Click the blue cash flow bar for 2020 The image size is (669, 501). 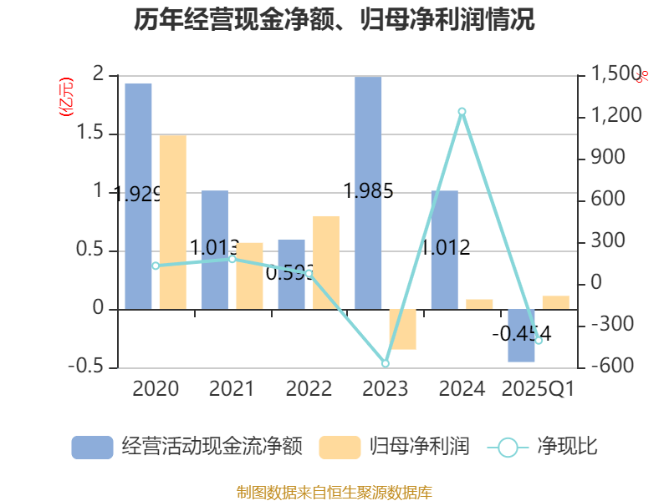[139, 196]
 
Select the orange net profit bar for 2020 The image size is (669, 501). [172, 221]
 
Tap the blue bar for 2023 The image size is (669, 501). [368, 192]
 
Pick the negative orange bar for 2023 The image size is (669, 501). [402, 329]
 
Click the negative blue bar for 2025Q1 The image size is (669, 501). [521, 336]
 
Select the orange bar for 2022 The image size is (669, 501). [325, 262]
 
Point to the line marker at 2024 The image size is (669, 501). [462, 111]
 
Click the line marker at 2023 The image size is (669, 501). [386, 363]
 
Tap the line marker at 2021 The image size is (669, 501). [232, 259]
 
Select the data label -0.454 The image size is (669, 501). [521, 334]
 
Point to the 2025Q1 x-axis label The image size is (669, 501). [538, 388]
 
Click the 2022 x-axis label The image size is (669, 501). [309, 388]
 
